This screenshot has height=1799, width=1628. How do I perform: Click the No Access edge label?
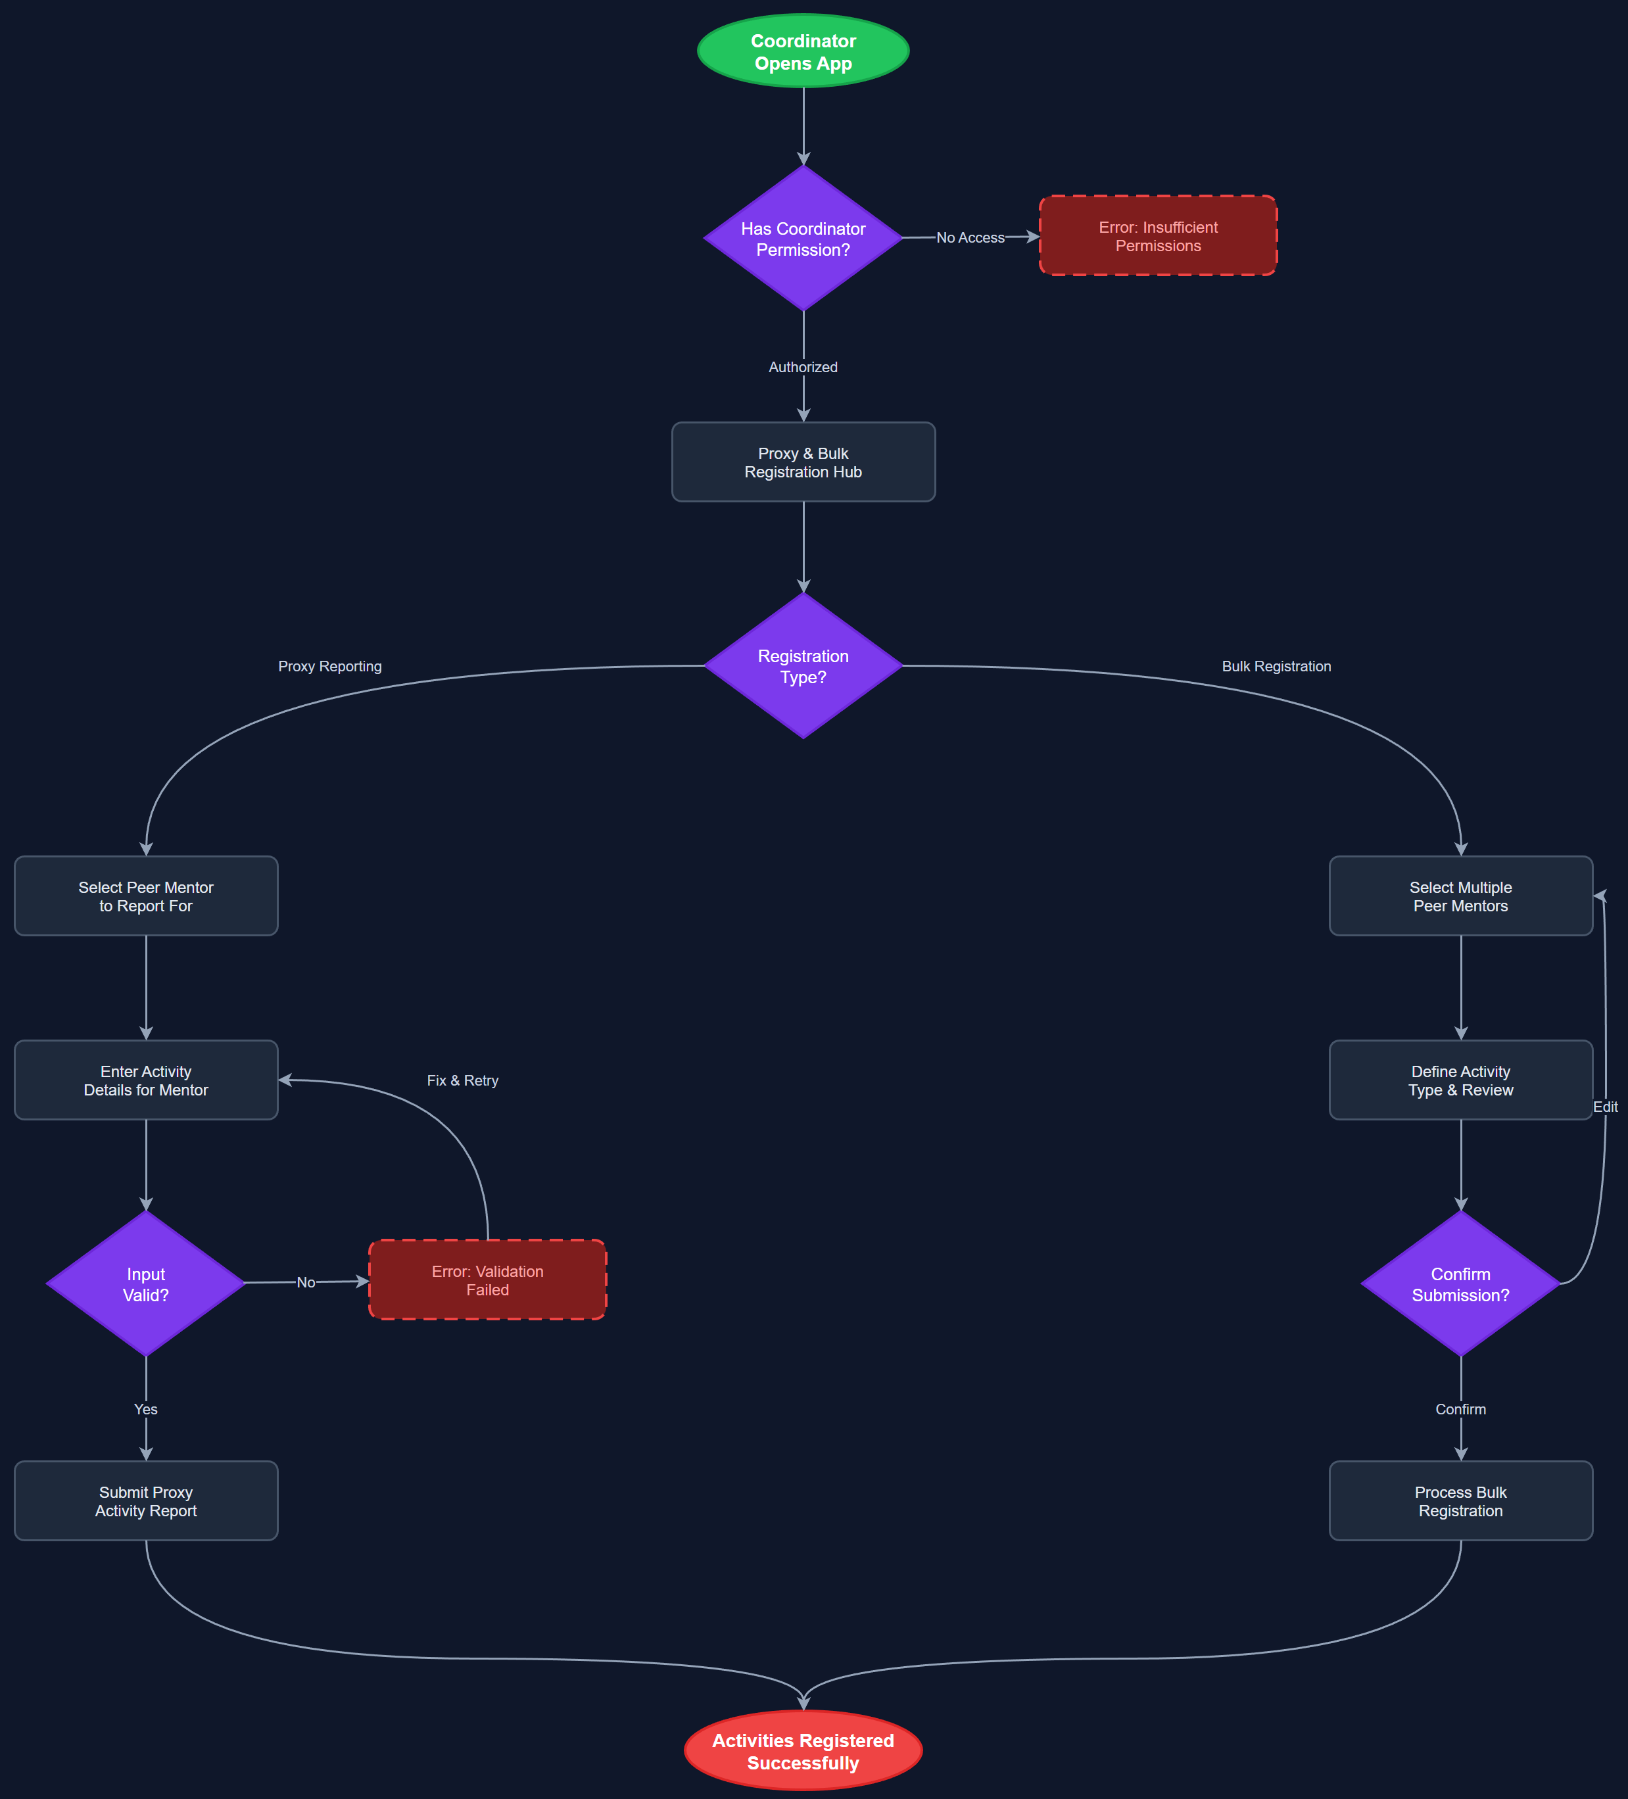970,237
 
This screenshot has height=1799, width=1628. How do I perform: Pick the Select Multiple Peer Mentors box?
1460,896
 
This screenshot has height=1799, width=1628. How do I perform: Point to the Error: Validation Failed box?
487,1280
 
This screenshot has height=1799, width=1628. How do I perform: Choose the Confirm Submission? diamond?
1460,1283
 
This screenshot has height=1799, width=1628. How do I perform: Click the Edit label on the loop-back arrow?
1605,1107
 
